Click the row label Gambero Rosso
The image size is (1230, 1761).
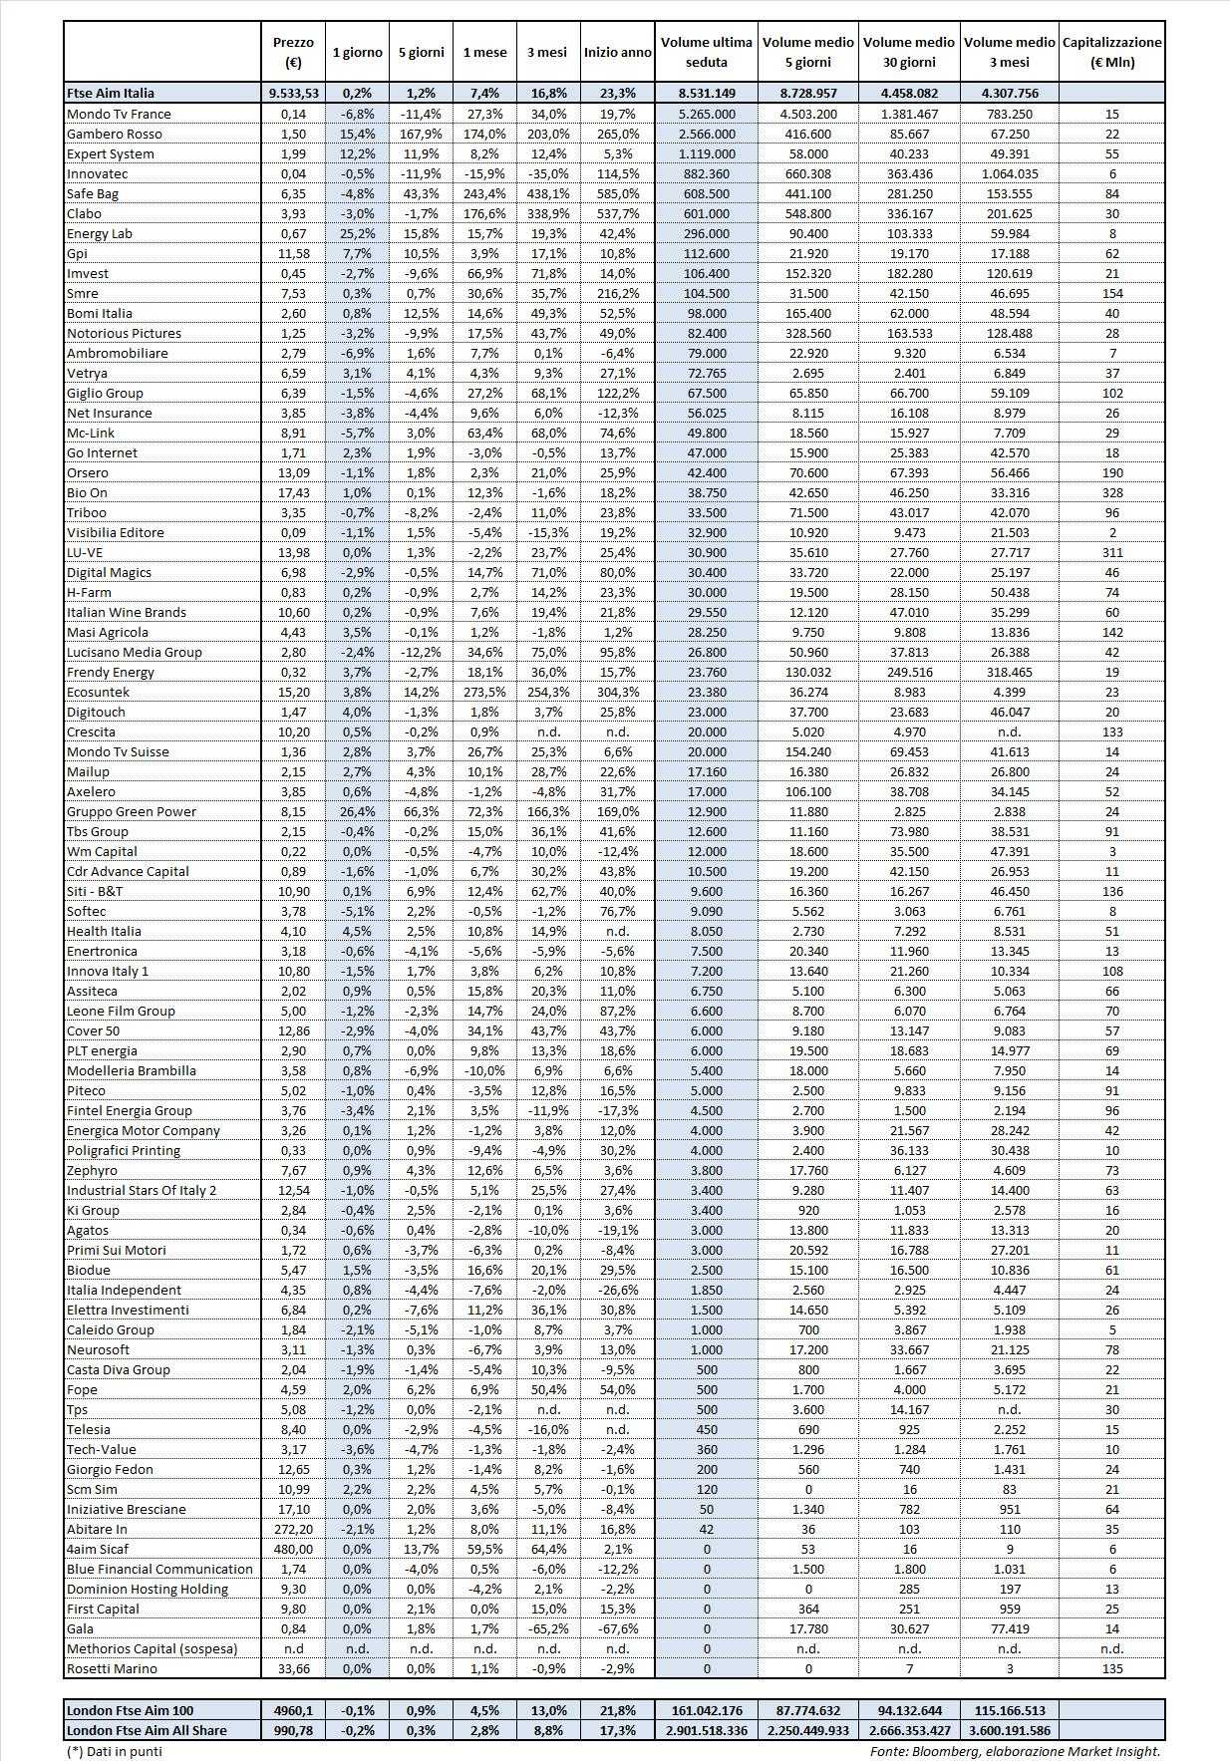(x=114, y=134)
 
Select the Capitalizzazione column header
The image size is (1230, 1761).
(x=1111, y=52)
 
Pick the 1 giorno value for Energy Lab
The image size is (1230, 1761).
(x=357, y=233)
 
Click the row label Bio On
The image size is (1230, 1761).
(x=87, y=492)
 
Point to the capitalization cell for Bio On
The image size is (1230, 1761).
(x=1111, y=492)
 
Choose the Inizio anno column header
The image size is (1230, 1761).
(x=617, y=52)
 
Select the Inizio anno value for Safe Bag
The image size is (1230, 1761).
(x=617, y=193)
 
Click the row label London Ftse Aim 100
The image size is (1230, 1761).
(x=130, y=1710)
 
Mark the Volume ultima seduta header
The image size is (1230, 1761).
(x=706, y=52)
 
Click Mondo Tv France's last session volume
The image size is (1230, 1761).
(x=707, y=114)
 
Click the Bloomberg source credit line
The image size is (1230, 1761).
(x=1015, y=1750)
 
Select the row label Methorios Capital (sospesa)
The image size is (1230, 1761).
(x=152, y=1648)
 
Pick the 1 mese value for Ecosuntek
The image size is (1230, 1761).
(x=484, y=692)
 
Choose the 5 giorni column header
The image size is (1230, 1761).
(x=421, y=52)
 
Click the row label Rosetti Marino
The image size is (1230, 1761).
(x=112, y=1668)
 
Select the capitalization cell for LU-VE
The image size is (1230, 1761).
(x=1111, y=552)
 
